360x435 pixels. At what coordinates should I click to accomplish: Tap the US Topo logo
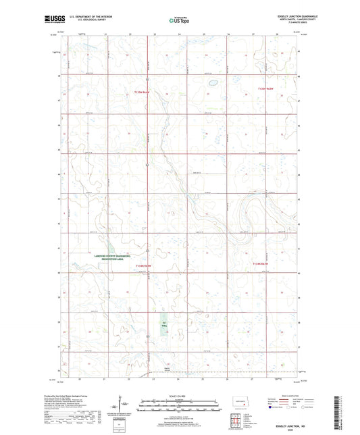click(177, 20)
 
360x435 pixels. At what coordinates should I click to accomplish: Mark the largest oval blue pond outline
click(211, 85)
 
